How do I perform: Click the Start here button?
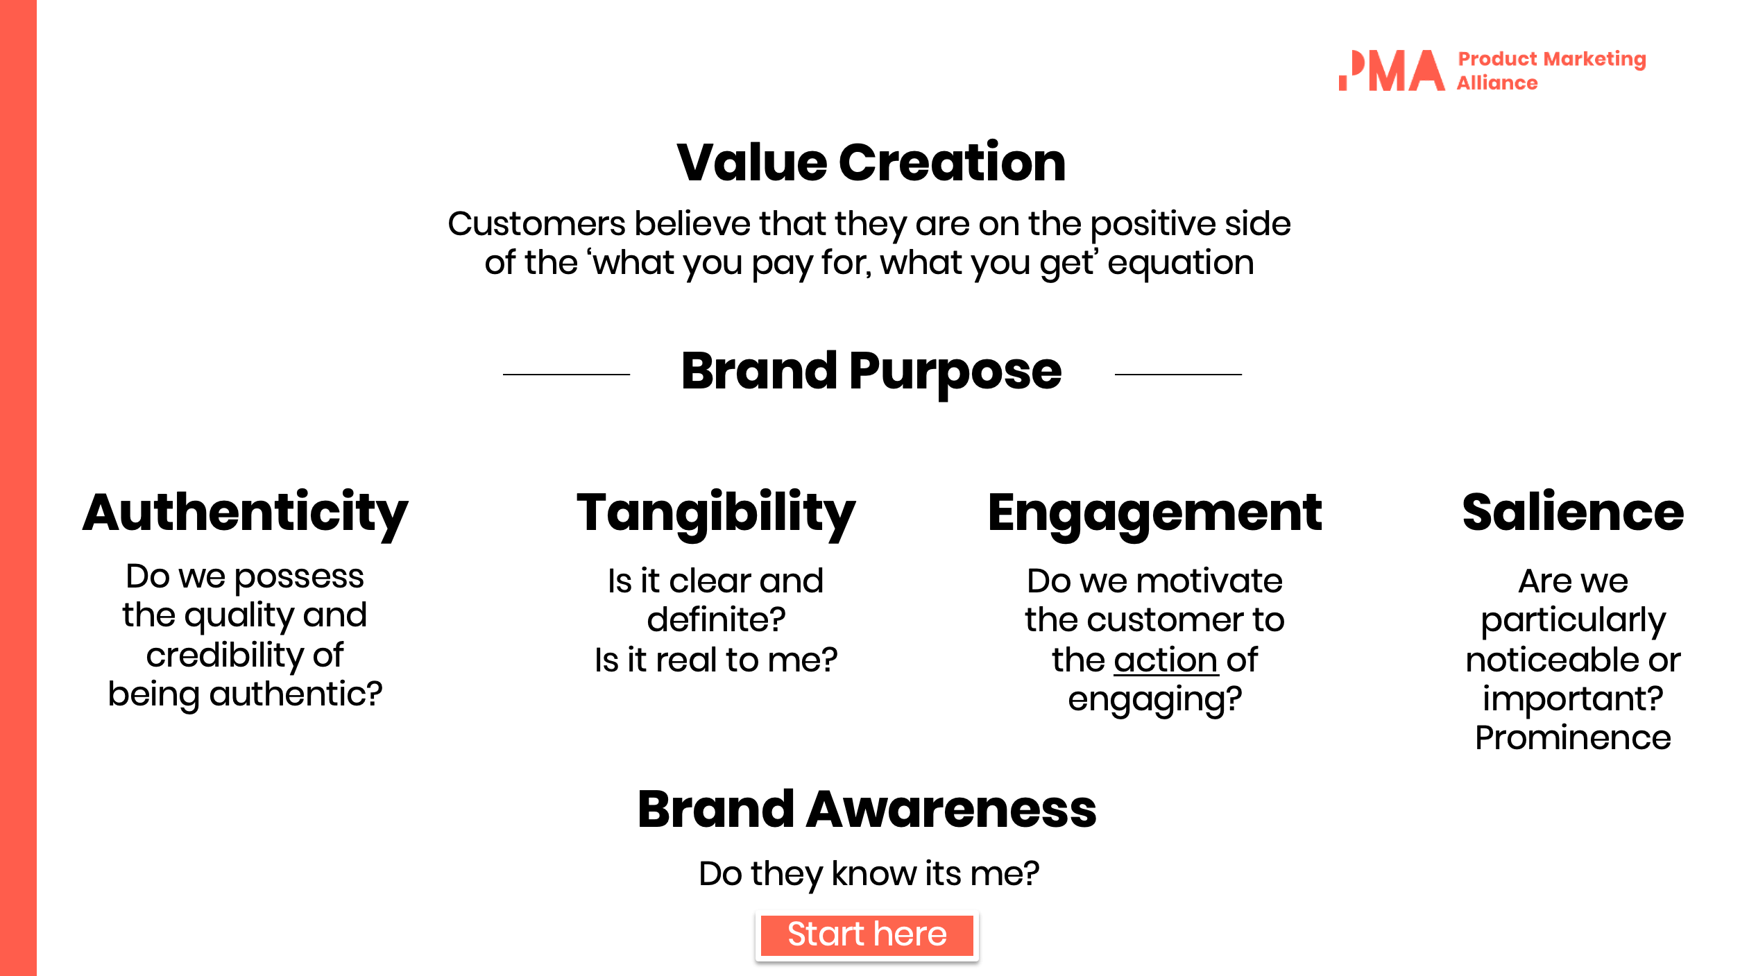(867, 935)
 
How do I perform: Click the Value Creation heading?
(871, 162)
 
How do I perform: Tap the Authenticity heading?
(245, 513)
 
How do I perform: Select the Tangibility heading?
(716, 513)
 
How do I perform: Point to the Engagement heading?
(1154, 513)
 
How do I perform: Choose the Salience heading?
(1573, 513)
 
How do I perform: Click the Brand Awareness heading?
(867, 810)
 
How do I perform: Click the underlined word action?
(1166, 660)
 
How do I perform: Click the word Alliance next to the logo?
(1496, 83)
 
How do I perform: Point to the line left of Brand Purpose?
(566, 375)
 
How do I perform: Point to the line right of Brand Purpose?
(1178, 375)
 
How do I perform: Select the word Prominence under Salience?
(1573, 738)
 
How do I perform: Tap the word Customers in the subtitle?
(536, 224)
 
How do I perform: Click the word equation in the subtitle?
(1181, 263)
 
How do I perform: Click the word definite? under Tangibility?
(716, 619)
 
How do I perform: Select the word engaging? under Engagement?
(1154, 699)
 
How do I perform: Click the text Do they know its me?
(869, 873)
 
